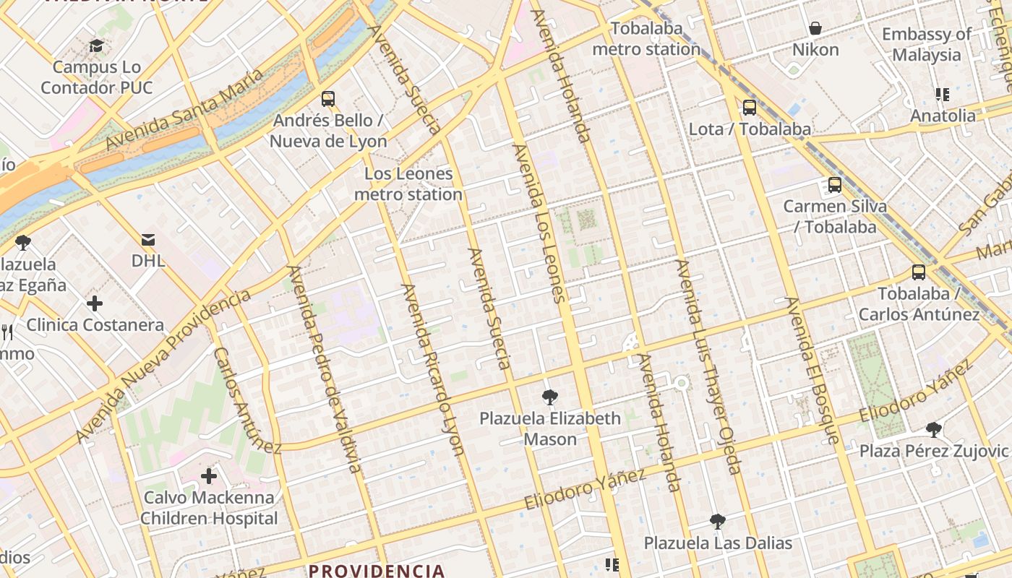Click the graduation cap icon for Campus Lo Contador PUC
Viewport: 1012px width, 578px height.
pos(96,46)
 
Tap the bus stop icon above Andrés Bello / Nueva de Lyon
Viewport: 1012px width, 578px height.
pos(328,99)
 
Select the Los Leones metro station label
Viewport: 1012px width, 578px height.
pos(408,184)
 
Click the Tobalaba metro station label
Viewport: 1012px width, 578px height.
pos(646,39)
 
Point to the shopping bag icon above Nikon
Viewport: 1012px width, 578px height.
pos(815,29)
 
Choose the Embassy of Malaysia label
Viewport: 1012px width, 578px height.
pos(927,44)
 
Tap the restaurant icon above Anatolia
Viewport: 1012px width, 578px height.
pos(942,95)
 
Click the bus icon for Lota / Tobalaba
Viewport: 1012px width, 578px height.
pos(750,108)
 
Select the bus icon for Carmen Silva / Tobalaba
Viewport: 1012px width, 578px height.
pos(835,185)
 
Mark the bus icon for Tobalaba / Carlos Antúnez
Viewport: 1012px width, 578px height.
pos(918,272)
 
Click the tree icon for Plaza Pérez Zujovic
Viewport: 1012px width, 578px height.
pos(934,430)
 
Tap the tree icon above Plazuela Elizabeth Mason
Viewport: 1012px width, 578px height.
pos(550,397)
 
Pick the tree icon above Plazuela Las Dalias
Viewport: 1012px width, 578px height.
pos(718,521)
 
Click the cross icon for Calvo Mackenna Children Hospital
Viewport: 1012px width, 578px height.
pos(209,475)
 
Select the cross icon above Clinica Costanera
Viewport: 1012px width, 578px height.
pos(95,303)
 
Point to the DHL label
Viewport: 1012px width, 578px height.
pos(148,261)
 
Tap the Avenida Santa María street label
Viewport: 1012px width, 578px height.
pos(184,111)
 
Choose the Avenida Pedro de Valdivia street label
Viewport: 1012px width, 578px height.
pos(324,369)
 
